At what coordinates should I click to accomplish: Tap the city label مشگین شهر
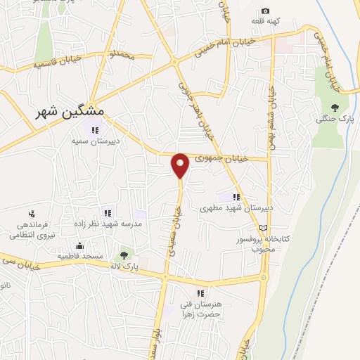[70, 112]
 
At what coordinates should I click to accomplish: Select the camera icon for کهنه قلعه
[265, 11]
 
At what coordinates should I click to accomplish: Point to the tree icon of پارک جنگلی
[334, 107]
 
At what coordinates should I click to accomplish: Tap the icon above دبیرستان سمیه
[95, 129]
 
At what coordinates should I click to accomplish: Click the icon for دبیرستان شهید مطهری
[236, 198]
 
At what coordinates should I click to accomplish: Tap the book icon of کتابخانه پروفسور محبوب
[264, 228]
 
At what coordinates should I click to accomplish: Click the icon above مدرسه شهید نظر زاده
[108, 213]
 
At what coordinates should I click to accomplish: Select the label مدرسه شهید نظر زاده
[108, 224]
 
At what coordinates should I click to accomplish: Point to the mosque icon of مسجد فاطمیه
[79, 247]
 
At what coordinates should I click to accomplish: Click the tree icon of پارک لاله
[124, 255]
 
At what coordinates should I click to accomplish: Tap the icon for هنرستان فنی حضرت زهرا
[200, 292]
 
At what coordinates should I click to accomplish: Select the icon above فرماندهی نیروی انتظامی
[31, 214]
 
